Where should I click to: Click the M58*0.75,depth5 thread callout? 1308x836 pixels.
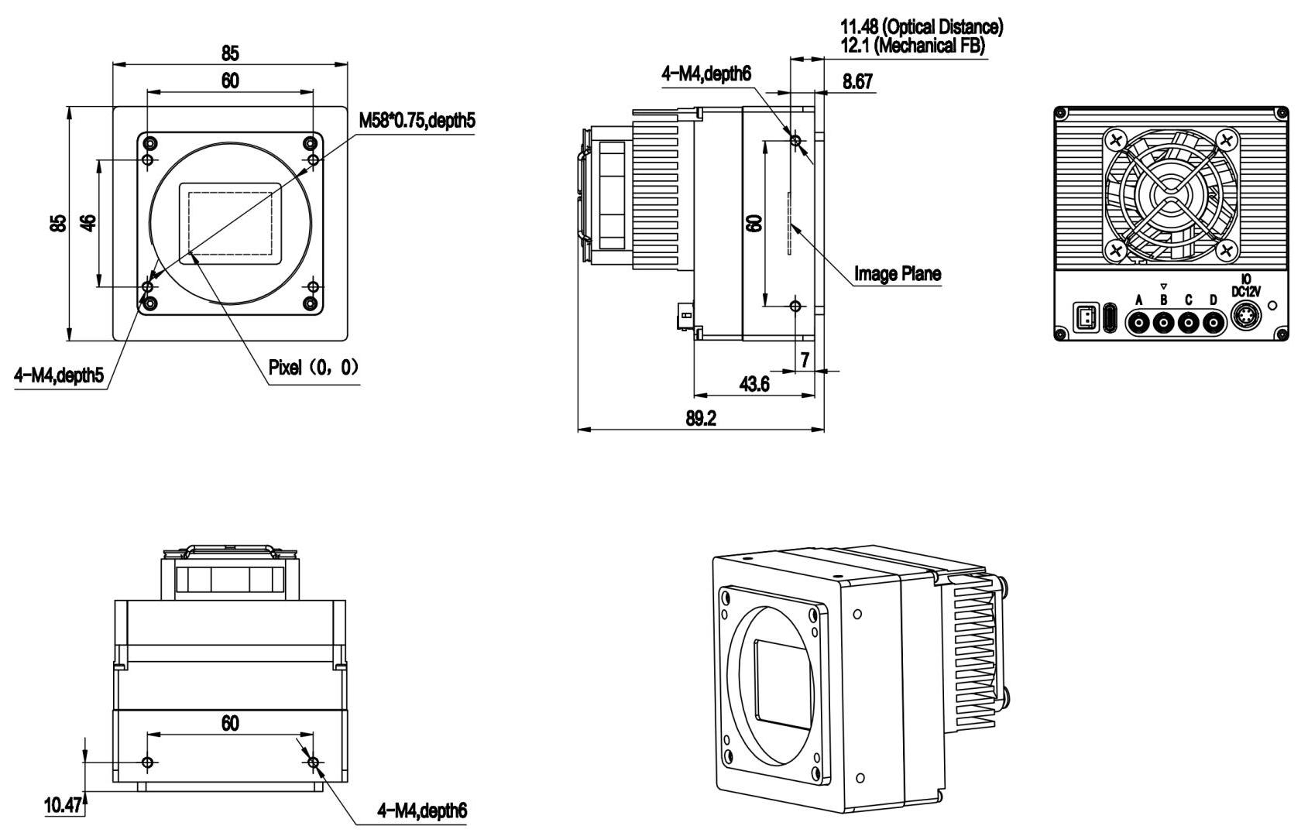point(417,122)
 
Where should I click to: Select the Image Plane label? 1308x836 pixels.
point(897,273)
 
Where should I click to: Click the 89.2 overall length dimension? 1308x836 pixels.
point(701,418)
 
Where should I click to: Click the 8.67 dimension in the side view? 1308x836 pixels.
point(857,81)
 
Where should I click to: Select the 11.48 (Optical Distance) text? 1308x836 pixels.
point(921,27)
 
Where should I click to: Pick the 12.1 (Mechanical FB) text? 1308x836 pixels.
point(913,46)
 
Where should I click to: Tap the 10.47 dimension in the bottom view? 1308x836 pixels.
point(63,806)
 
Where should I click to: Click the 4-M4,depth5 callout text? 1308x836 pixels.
point(59,376)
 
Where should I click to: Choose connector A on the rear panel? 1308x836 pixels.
point(1138,321)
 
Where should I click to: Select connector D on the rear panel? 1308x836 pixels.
point(1213,321)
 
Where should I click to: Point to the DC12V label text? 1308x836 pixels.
point(1246,292)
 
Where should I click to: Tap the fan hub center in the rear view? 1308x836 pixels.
point(1169,195)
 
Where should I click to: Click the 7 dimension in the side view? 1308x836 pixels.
point(805,359)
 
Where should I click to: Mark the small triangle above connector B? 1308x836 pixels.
point(1163,286)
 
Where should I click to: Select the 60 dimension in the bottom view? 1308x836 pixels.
point(230,723)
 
